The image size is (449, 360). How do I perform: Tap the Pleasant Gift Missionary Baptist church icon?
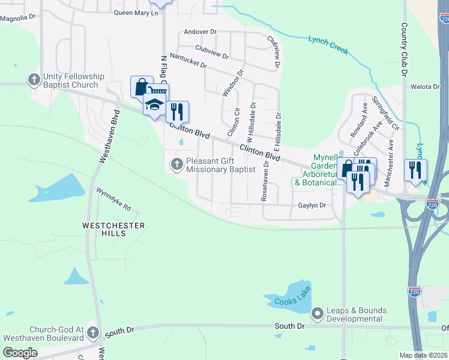(x=176, y=164)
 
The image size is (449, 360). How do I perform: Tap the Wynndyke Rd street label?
(x=113, y=198)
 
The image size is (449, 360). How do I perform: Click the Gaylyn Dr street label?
(x=312, y=205)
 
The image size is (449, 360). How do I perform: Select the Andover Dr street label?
(x=200, y=31)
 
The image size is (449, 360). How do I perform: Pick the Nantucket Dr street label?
(x=188, y=60)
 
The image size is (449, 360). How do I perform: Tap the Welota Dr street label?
(x=425, y=86)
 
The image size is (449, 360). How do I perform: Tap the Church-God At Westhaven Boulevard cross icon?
(x=92, y=332)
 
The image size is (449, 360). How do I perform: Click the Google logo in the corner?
(x=20, y=352)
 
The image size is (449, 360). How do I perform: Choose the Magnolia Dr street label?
(x=17, y=18)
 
